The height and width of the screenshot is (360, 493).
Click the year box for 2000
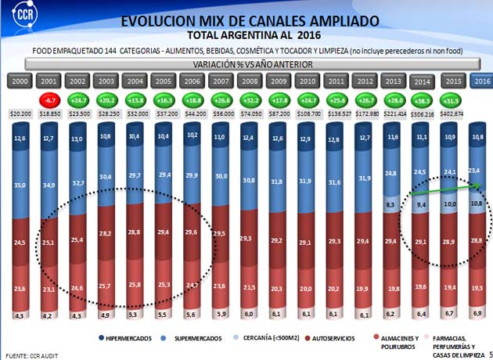20,81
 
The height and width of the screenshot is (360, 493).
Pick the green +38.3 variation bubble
423,100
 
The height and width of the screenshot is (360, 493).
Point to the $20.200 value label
20,114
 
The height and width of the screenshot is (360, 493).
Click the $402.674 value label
452,114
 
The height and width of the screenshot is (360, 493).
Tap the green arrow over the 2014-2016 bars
441,193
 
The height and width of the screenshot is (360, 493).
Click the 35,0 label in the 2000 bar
20,185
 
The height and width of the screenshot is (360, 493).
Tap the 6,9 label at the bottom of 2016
479,313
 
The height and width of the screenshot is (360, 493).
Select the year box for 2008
250,81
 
